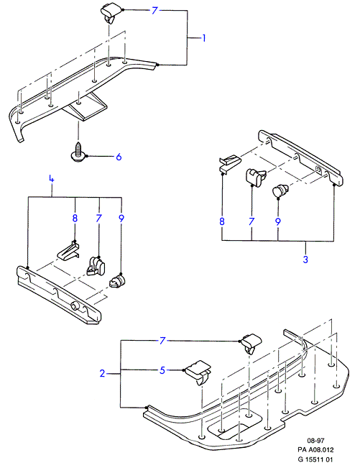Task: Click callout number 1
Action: [x=204, y=38]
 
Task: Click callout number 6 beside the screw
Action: [x=119, y=157]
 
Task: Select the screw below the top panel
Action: [x=78, y=152]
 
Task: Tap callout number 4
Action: [x=52, y=179]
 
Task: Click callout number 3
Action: [x=305, y=259]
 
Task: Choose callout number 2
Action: [x=102, y=373]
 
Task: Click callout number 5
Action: [x=162, y=370]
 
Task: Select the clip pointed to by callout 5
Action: [x=198, y=372]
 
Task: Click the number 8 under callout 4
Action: [x=75, y=218]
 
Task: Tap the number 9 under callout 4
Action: [x=121, y=218]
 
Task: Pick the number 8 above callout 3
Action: [x=222, y=221]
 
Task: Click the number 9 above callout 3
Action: [x=278, y=221]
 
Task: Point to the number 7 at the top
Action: [x=154, y=11]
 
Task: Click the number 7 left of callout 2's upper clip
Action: [x=162, y=341]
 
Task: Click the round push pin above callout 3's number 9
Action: [x=280, y=191]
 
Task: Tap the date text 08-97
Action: [x=315, y=440]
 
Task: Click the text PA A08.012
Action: [x=315, y=449]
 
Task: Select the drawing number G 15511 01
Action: [x=315, y=459]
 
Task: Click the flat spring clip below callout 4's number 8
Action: [x=68, y=251]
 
